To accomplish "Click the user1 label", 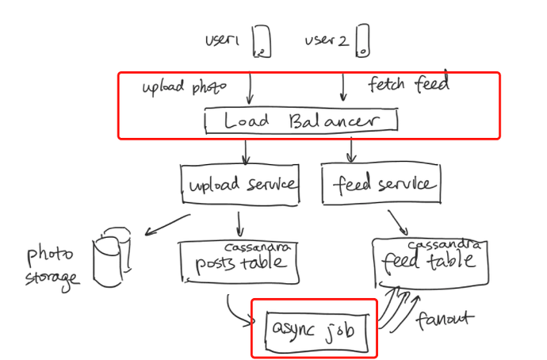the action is pyautogui.click(x=222, y=40).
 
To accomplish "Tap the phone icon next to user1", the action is pyautogui.click(x=262, y=40).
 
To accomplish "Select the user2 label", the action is pyautogui.click(x=327, y=40).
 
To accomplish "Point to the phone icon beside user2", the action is pyautogui.click(x=362, y=40).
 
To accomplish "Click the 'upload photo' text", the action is pyautogui.click(x=184, y=87).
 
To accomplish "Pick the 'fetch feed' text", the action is pyautogui.click(x=408, y=83).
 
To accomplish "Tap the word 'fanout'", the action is pyautogui.click(x=446, y=320).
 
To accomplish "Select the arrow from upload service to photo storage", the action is pyautogui.click(x=167, y=224).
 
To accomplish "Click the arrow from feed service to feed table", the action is pyautogui.click(x=398, y=223).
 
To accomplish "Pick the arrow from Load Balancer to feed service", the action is pyautogui.click(x=351, y=150).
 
